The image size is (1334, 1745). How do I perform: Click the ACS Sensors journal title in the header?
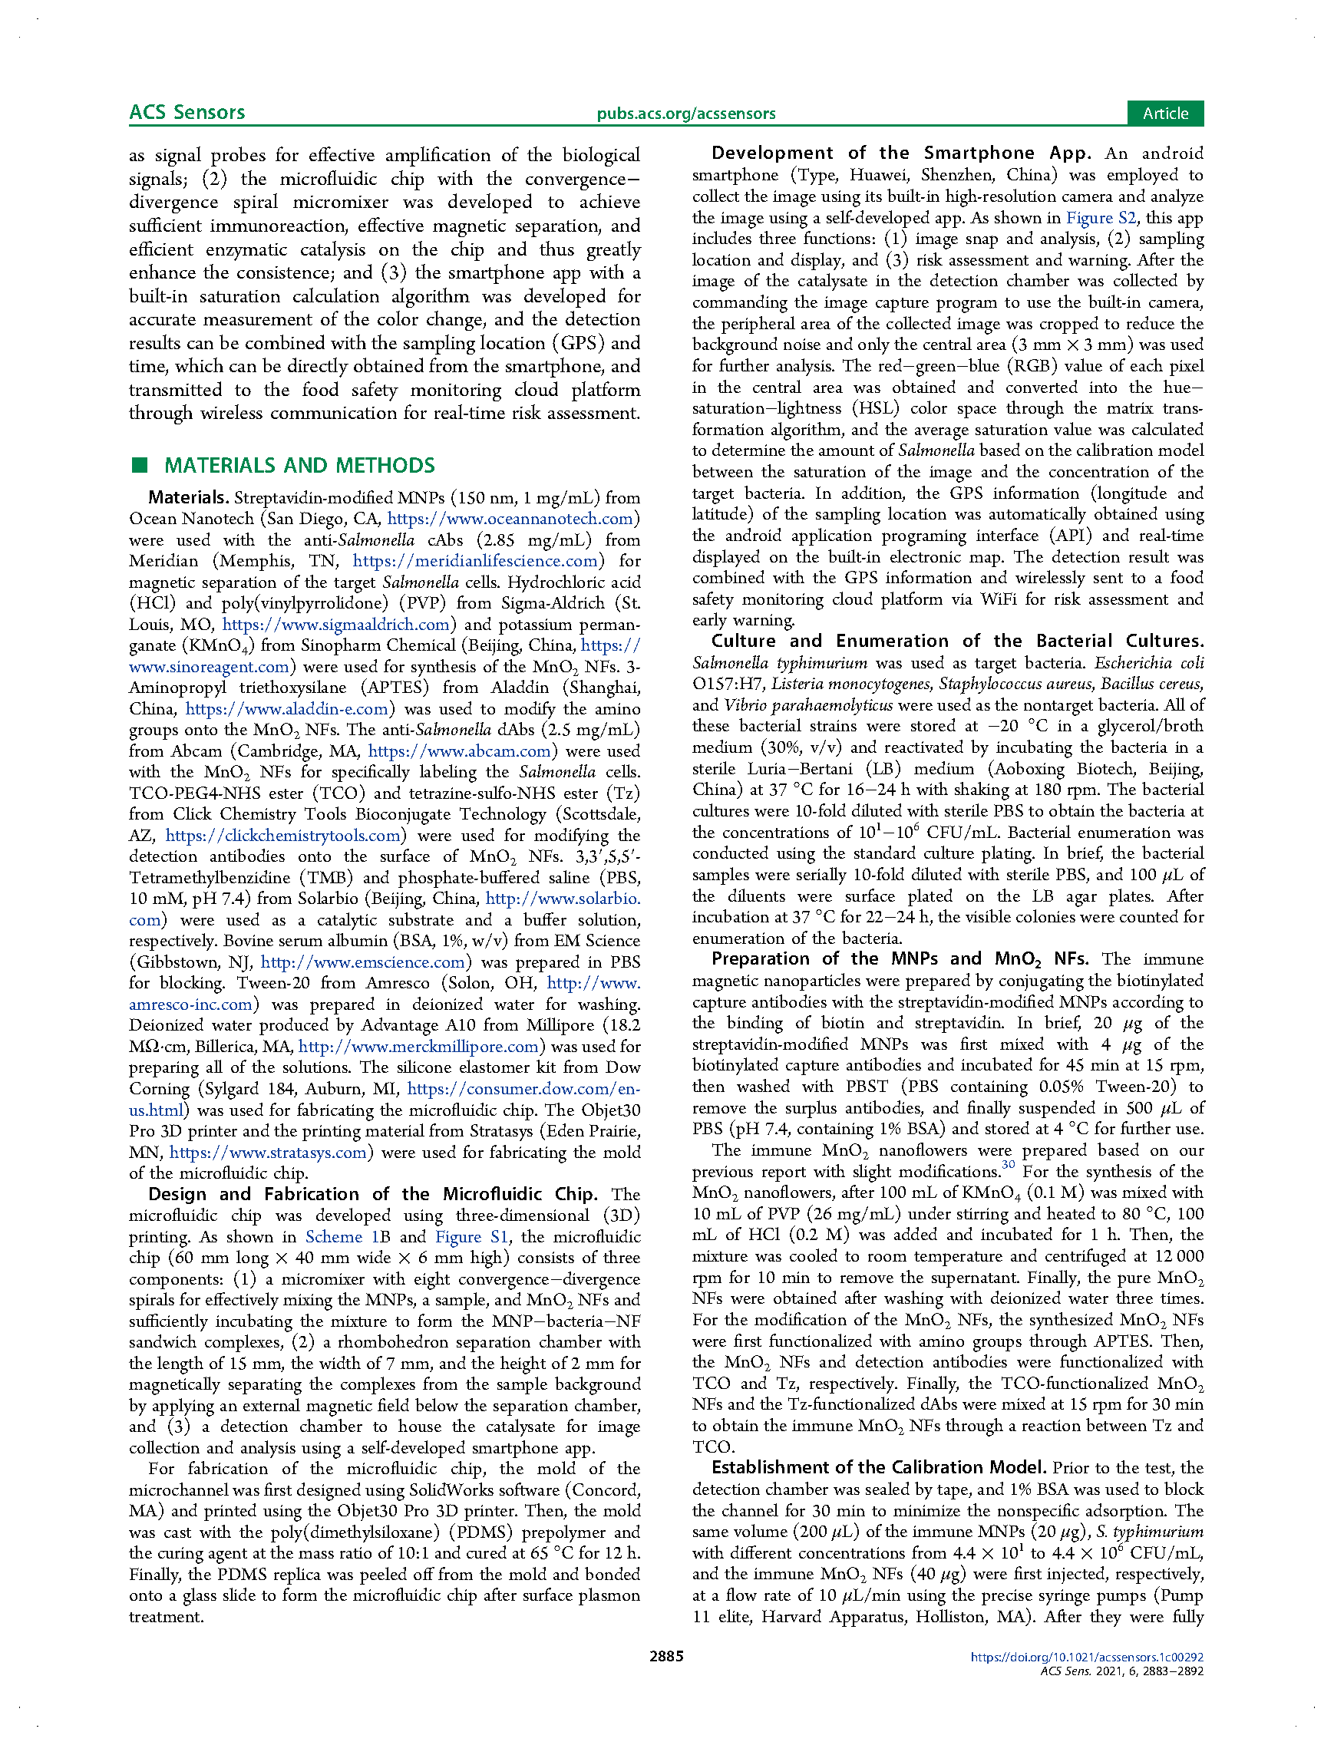point(187,112)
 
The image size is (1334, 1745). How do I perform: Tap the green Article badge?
point(1164,114)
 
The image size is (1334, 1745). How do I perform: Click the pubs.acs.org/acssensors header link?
point(686,114)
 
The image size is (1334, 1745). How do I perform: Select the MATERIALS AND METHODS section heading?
point(299,465)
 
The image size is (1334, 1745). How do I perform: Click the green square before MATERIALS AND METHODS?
point(140,465)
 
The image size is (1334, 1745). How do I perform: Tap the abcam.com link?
point(459,750)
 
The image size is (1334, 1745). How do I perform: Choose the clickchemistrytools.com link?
point(282,835)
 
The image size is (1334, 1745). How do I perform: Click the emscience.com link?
point(363,962)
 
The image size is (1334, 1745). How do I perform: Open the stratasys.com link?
point(269,1152)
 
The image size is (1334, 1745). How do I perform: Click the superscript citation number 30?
point(1008,1166)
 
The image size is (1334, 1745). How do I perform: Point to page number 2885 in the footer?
point(666,1655)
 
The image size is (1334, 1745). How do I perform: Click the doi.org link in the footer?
point(1086,1657)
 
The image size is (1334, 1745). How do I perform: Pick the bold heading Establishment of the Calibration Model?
point(878,1467)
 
